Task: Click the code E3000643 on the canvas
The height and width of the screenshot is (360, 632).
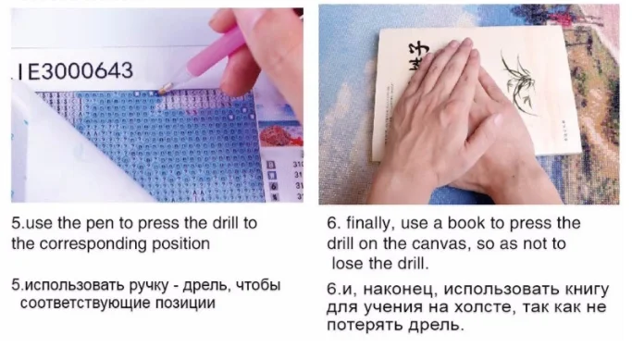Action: [x=80, y=71]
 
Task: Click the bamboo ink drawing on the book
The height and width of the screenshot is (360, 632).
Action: [x=519, y=81]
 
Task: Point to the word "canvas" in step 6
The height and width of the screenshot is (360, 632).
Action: [x=441, y=244]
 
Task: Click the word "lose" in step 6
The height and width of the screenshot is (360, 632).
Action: [x=348, y=264]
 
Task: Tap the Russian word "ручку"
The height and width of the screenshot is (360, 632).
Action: [x=149, y=286]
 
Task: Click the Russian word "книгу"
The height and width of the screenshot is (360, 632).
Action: [x=587, y=290]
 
